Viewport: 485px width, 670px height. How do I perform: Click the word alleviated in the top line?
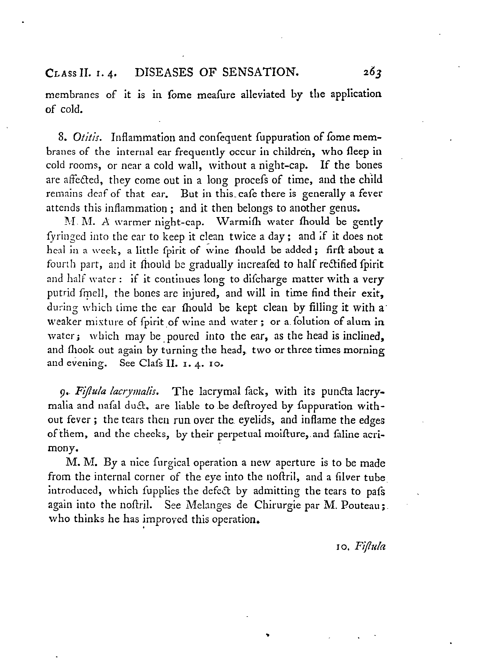coord(263,94)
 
